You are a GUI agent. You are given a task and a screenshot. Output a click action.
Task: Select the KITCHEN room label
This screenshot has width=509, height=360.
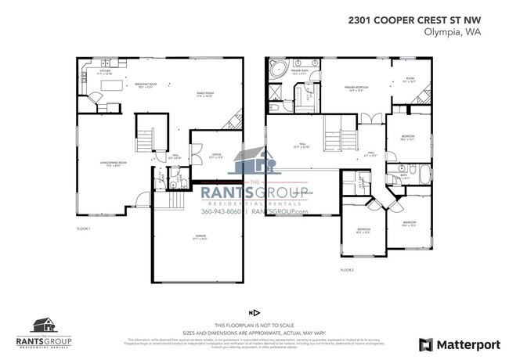point(105,72)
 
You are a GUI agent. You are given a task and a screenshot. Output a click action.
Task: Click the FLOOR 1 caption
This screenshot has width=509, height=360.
point(84,228)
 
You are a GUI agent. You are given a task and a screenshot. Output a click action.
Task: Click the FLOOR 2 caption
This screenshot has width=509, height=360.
point(348,268)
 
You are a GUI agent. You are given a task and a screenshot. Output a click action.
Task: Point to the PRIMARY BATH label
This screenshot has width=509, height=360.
point(301,72)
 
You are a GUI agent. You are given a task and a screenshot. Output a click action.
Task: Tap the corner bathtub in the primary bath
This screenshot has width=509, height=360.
point(277,71)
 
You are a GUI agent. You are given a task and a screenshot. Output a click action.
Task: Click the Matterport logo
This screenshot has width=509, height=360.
point(454,344)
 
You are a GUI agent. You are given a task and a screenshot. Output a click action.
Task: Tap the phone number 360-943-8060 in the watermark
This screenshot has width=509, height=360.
point(222,211)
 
